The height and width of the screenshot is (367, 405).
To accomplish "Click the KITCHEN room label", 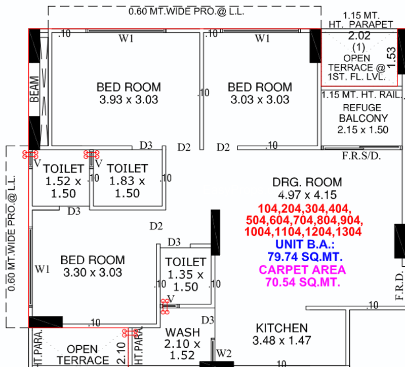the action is click(x=282, y=328).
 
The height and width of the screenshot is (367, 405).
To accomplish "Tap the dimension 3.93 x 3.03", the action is click(x=129, y=99).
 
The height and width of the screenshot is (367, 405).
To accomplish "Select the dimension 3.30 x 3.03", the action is click(x=93, y=272).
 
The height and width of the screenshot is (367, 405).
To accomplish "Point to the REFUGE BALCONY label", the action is click(x=363, y=113).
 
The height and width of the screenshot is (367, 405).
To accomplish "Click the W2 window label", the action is click(x=224, y=353).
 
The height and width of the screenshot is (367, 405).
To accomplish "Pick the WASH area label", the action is click(x=183, y=333).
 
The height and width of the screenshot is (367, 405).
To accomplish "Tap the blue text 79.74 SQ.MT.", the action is click(x=305, y=257).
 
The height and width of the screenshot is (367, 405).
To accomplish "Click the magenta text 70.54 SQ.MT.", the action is click(x=302, y=282).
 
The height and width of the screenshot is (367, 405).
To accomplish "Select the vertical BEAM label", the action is click(x=34, y=89).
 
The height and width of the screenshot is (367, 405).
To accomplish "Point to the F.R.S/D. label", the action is click(x=361, y=156).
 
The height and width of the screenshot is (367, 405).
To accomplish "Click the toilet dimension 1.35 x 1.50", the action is click(x=185, y=281).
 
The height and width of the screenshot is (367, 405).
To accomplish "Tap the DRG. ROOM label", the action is click(x=307, y=182).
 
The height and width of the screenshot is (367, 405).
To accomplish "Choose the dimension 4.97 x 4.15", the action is click(x=307, y=195).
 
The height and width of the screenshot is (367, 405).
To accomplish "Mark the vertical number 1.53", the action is click(x=391, y=58).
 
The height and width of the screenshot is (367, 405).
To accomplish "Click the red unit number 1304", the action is click(x=348, y=231).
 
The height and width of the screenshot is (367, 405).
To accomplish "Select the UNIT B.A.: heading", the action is click(x=305, y=244).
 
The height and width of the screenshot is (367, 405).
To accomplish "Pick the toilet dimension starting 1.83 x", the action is click(x=127, y=187).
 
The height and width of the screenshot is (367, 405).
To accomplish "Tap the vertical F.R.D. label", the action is click(x=399, y=286).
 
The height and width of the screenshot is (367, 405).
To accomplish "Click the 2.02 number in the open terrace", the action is click(x=359, y=35).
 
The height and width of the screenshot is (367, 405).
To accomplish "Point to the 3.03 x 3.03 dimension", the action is click(x=260, y=99).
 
